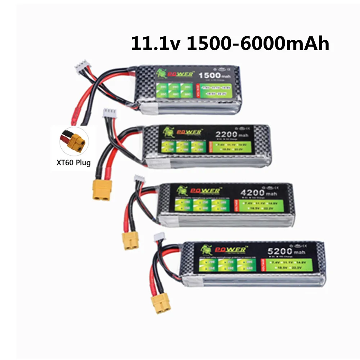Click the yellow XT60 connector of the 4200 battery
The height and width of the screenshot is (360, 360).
coord(131,240)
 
